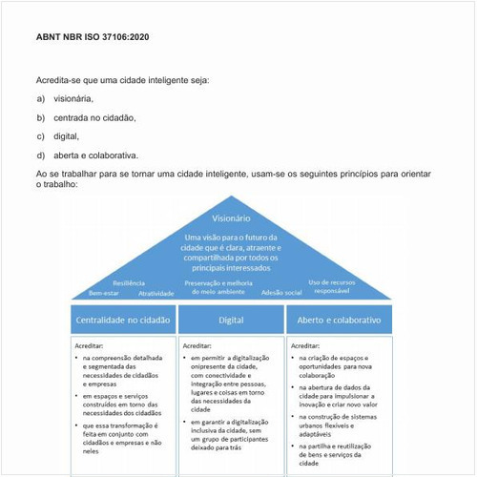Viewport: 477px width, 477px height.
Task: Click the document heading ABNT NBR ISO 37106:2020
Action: click(x=93, y=37)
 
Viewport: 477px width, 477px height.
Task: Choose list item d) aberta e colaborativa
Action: click(x=94, y=155)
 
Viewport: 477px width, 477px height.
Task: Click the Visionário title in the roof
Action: click(x=231, y=218)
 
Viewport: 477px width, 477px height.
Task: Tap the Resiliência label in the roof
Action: click(x=129, y=283)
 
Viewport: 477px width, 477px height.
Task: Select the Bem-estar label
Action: click(x=104, y=293)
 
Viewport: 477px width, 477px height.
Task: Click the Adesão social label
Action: click(x=281, y=292)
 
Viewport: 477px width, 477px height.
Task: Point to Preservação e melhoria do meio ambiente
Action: click(x=218, y=287)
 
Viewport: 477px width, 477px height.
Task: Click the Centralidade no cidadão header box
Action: click(x=122, y=320)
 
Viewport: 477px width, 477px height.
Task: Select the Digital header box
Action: click(x=231, y=320)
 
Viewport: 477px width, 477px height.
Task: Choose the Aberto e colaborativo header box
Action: click(x=340, y=320)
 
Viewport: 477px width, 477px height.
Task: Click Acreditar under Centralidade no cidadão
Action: click(x=89, y=345)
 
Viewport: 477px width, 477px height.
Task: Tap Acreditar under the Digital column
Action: click(x=197, y=345)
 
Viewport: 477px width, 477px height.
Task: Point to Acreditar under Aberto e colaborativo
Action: click(x=305, y=345)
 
